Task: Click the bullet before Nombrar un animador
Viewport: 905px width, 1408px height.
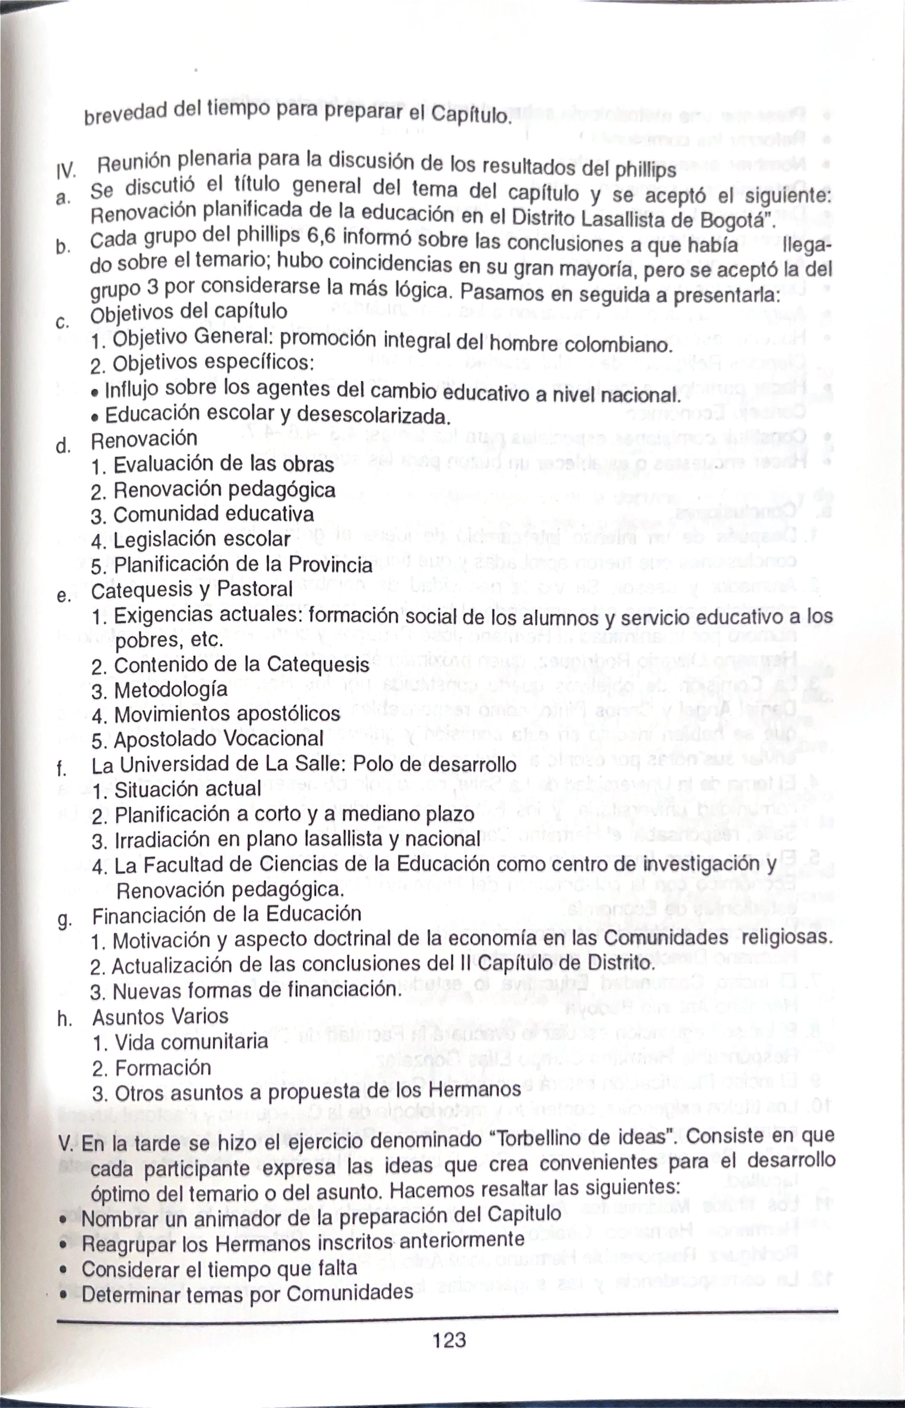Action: pyautogui.click(x=62, y=1218)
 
